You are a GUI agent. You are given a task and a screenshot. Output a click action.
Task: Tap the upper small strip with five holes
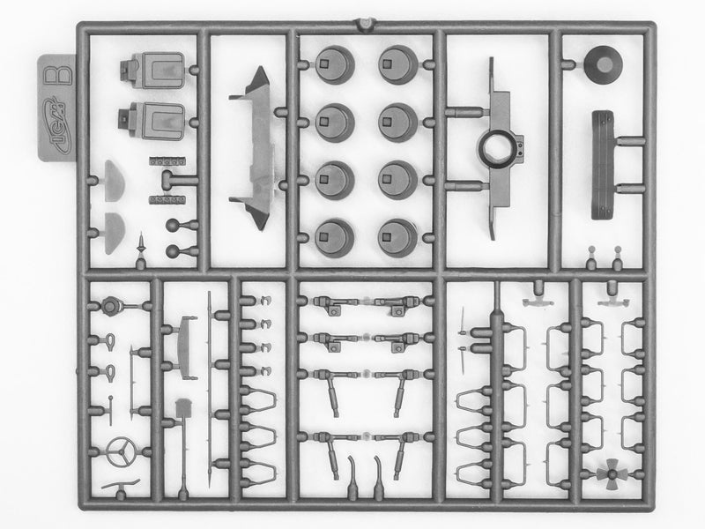tap(167, 162)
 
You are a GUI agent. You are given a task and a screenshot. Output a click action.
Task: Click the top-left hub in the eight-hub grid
tap(333, 64)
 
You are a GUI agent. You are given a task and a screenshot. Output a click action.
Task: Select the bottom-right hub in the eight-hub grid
tap(397, 236)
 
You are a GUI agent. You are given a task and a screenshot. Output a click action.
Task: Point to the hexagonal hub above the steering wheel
tap(111, 307)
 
